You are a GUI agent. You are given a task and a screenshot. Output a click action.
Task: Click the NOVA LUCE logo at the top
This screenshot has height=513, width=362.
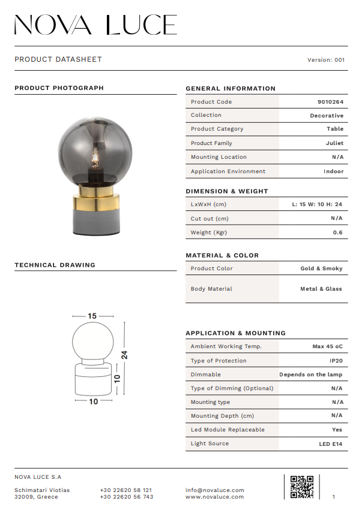[95, 25]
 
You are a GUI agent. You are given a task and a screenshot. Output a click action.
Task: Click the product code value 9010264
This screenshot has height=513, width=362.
[330, 102]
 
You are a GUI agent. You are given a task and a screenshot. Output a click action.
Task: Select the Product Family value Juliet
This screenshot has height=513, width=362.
[334, 143]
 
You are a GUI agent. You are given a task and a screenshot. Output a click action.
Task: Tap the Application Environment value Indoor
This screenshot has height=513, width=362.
[333, 171]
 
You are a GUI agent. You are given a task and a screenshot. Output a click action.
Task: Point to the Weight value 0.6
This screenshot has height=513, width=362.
[337, 233]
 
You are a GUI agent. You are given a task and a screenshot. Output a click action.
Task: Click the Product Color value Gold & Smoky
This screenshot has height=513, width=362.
[321, 268]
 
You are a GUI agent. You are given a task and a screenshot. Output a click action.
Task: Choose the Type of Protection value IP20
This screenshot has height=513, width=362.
[336, 361]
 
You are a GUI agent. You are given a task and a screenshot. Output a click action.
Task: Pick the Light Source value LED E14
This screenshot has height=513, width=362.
[331, 443]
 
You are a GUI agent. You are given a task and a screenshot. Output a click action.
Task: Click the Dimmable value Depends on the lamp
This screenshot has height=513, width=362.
[310, 375]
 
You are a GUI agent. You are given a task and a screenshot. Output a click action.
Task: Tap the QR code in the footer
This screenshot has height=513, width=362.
[301, 487]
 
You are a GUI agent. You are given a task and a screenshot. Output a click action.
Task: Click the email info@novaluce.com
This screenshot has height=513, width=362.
[215, 490]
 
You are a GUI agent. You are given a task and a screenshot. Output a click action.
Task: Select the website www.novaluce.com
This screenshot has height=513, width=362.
[215, 497]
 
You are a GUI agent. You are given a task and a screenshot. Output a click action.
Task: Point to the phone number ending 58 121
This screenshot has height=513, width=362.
[126, 490]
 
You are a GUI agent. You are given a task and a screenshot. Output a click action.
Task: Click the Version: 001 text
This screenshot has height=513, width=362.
[326, 60]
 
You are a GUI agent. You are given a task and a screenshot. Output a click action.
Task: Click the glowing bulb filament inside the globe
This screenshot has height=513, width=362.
[94, 159]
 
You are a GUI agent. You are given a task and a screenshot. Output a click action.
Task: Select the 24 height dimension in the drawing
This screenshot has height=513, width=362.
[124, 354]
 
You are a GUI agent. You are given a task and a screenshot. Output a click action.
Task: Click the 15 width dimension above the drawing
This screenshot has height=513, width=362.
[92, 316]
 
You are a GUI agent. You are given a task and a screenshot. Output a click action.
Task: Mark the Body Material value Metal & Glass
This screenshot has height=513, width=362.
[321, 289]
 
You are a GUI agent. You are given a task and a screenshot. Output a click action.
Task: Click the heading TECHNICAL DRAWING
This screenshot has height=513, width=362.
[55, 265]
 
